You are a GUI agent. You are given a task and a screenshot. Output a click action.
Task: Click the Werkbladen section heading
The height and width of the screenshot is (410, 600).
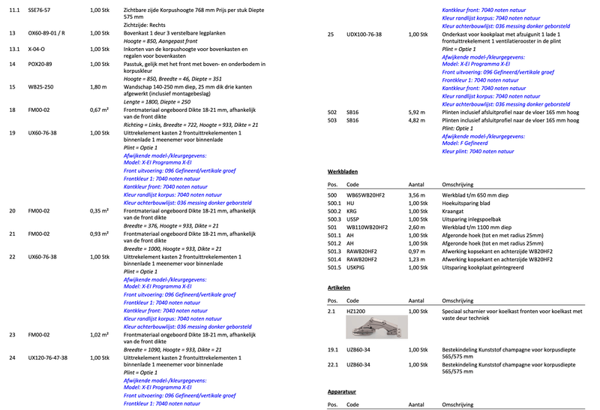point(343,170)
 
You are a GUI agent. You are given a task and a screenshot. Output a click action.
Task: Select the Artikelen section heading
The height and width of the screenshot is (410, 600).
point(339,287)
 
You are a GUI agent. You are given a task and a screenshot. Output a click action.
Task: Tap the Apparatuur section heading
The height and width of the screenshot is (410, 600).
point(342,392)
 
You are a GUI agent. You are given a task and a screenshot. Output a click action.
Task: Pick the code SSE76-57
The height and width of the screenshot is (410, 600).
point(40,10)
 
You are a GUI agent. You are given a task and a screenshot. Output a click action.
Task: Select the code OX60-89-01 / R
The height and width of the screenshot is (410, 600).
point(46,34)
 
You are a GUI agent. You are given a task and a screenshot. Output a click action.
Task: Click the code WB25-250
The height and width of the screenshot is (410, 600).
point(41,86)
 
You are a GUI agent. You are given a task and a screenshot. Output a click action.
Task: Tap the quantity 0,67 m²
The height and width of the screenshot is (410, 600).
point(100,110)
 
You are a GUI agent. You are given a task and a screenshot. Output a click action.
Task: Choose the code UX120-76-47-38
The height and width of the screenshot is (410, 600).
point(52,358)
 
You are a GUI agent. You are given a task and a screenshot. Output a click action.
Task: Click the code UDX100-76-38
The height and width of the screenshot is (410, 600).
point(364,35)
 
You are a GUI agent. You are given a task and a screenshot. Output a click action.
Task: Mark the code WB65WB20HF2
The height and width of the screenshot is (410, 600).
point(367,195)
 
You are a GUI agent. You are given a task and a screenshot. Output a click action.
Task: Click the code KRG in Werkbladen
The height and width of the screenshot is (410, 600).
point(352,211)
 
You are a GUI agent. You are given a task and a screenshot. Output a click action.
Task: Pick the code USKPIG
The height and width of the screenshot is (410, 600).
point(356,267)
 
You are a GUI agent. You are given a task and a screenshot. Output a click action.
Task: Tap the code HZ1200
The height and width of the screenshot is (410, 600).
point(355,310)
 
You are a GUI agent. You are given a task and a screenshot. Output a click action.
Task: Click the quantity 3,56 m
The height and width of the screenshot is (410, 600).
point(417,195)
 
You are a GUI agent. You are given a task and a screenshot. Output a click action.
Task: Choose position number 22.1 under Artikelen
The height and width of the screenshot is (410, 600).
point(334,365)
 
